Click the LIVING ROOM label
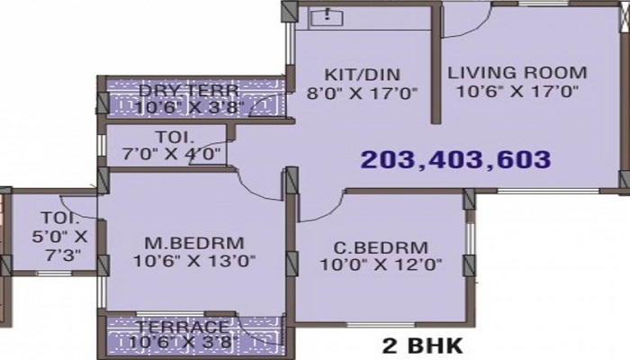click(517, 72)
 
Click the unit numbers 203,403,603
click(454, 160)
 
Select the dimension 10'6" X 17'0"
click(517, 91)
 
